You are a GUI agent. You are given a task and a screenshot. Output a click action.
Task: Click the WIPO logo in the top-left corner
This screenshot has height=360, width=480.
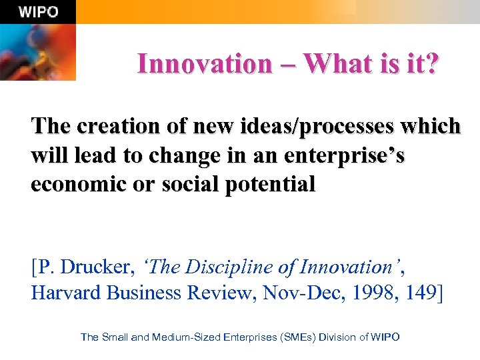(37, 11)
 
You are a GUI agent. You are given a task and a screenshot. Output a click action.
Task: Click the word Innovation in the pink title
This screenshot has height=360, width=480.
(205, 64)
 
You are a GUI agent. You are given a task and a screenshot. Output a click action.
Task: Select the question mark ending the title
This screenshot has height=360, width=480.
(433, 64)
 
